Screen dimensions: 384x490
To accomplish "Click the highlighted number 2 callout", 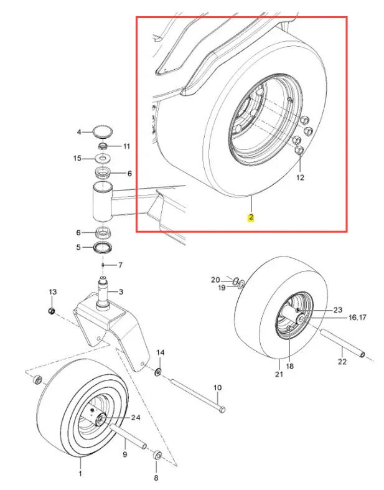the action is (x=251, y=217).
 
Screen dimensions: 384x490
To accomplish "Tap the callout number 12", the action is (x=300, y=177).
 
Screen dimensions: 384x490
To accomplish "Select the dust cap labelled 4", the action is (x=103, y=131).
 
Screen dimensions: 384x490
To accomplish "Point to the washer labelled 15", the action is (x=102, y=158).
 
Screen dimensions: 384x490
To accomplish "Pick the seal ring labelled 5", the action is (x=103, y=248).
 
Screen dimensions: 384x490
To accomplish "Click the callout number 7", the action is (x=120, y=265).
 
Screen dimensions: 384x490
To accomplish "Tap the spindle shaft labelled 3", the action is (x=104, y=292).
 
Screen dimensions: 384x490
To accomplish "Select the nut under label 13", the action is (x=52, y=311).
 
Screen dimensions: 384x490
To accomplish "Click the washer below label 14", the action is (x=159, y=372).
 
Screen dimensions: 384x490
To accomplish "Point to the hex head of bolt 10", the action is (x=222, y=409).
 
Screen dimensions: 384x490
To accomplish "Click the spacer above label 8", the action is (x=157, y=455).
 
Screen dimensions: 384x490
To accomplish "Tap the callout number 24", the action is (x=136, y=418).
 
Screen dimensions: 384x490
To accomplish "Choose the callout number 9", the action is (x=125, y=454).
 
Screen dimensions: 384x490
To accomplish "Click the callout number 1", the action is (x=80, y=474).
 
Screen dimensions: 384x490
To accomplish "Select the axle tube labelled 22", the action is (x=342, y=342).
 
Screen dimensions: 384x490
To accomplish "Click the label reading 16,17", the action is (x=357, y=318).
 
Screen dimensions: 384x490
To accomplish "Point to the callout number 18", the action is (x=289, y=366).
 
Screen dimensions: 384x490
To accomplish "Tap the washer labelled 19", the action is (x=241, y=285).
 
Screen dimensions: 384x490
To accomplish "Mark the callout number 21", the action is (x=279, y=374).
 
